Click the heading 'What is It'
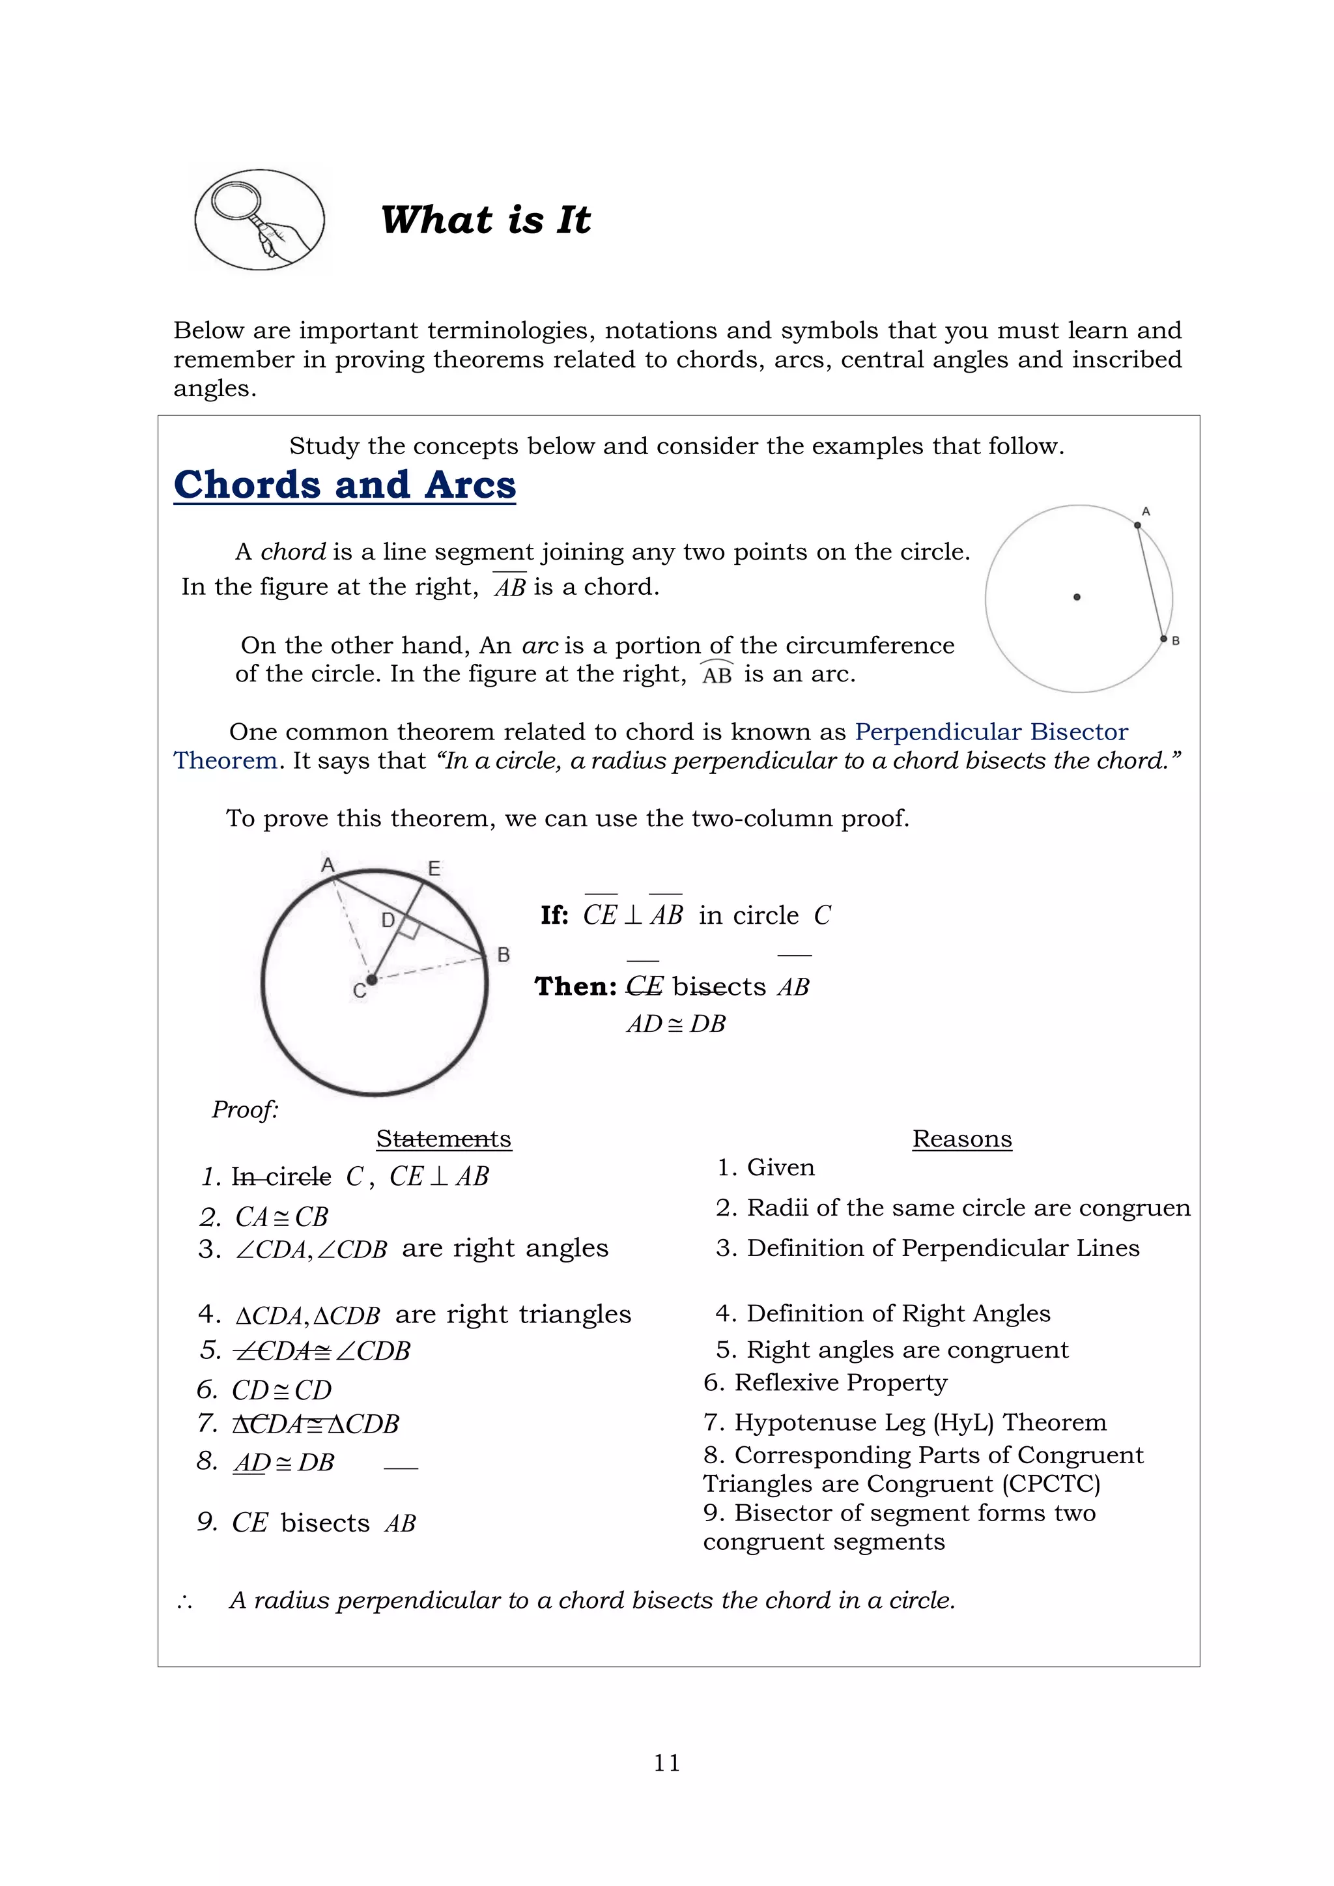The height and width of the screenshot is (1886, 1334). coord(485,220)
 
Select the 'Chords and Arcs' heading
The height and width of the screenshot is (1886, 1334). coord(345,485)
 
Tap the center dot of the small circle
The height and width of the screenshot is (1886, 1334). coord(1077,597)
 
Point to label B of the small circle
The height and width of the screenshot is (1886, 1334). coord(1176,640)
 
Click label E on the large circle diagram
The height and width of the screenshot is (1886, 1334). coord(434,868)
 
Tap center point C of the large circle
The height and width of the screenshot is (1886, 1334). coord(371,979)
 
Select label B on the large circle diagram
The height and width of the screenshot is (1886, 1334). coord(504,954)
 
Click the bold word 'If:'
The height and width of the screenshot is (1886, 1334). coord(555,915)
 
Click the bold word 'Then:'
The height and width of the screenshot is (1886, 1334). coord(576,986)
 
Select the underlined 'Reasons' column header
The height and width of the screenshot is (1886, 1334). coord(962,1139)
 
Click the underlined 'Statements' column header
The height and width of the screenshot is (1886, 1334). coord(444,1139)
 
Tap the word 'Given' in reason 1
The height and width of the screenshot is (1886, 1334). coord(780,1167)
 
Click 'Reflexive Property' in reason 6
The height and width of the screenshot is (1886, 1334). coord(840,1382)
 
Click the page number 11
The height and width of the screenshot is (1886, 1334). coord(667,1763)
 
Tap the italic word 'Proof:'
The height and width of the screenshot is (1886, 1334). coord(246,1109)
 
